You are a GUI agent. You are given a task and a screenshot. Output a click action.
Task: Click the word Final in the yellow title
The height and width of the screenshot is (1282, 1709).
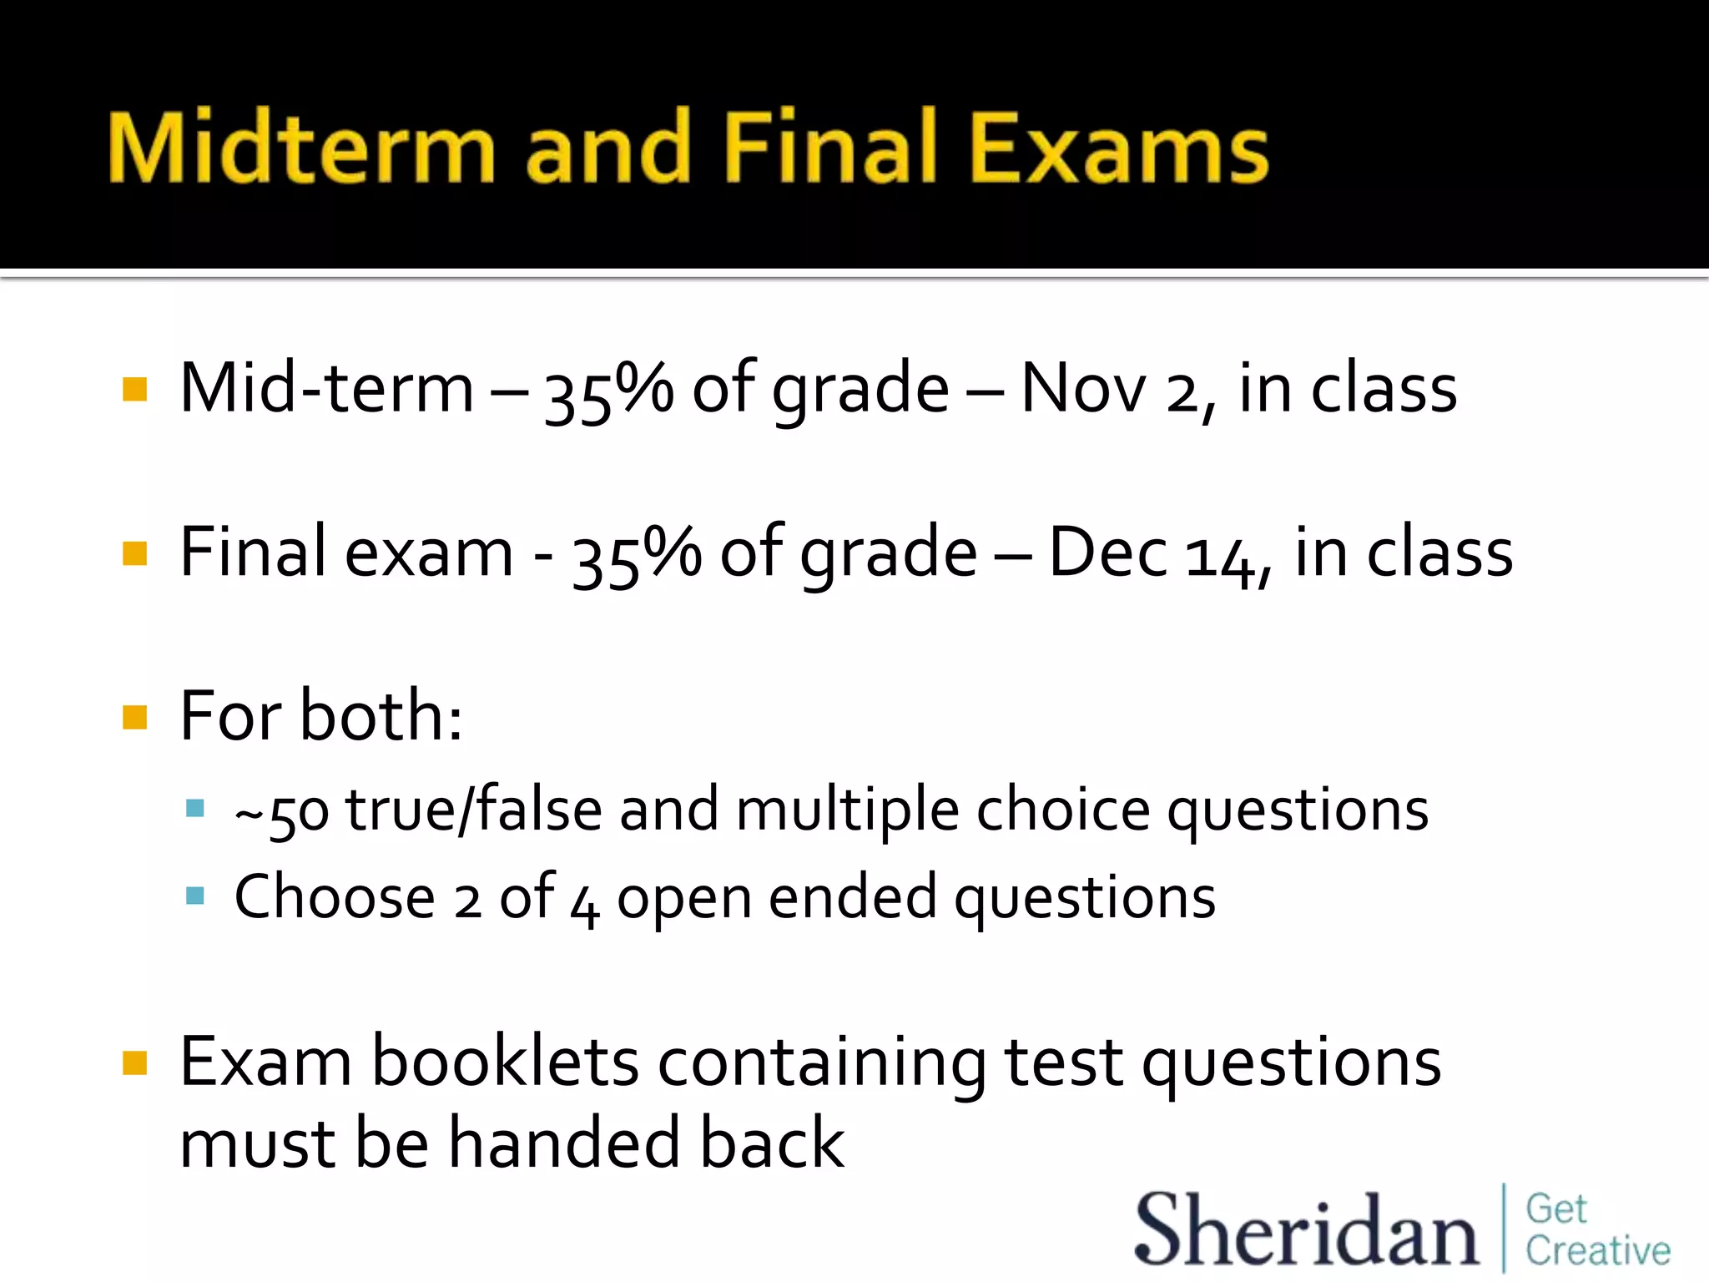[x=839, y=148]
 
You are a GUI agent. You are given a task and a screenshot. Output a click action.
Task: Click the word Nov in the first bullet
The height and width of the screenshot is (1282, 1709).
[x=1083, y=389]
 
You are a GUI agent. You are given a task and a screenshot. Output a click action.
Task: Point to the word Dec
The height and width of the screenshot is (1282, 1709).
[x=1107, y=553]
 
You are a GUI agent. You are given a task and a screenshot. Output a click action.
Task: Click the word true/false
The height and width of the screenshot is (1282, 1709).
[x=474, y=810]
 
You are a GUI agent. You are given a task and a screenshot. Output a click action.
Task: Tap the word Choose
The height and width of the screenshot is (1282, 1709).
[x=335, y=897]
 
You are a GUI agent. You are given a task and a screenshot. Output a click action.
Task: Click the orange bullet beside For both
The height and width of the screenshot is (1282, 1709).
[x=134, y=717]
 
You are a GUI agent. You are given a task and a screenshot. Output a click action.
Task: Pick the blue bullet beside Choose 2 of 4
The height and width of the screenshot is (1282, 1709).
[x=195, y=896]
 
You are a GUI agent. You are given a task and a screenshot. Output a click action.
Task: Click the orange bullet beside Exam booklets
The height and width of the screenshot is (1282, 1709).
[x=134, y=1063]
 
